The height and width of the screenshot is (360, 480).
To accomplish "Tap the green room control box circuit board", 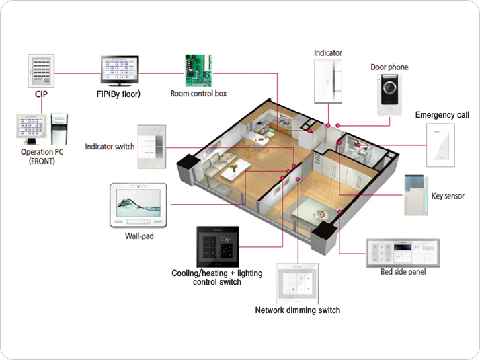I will tap(198, 71).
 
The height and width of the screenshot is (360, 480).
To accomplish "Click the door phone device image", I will tap(390, 96).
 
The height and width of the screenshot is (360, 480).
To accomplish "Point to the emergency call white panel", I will tap(441, 146).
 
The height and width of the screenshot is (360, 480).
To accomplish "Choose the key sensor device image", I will tap(414, 195).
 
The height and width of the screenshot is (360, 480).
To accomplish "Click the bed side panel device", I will tap(402, 252).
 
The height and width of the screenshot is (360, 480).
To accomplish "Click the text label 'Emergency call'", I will tap(442, 115).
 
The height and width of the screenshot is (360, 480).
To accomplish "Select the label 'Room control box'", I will tap(198, 94).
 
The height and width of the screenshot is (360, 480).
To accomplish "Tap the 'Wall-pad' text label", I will tap(140, 236).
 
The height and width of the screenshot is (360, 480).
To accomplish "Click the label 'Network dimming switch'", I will tap(297, 310).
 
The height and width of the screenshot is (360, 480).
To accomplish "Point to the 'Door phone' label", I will tap(389, 67).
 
